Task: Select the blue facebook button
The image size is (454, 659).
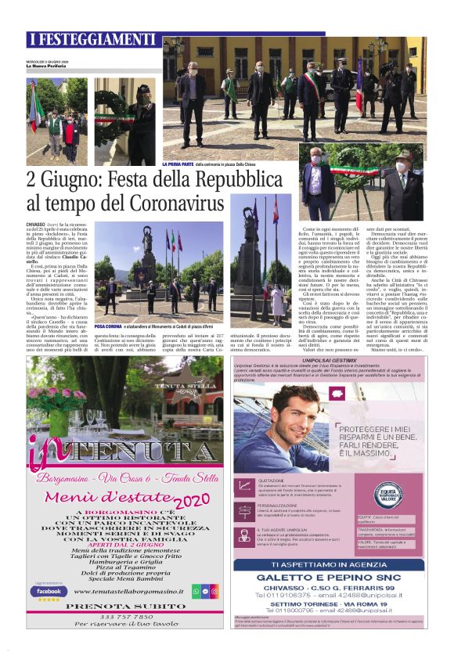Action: (x=49, y=591)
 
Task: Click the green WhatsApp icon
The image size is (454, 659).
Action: (x=196, y=592)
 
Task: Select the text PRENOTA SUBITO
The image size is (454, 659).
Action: (x=124, y=607)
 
